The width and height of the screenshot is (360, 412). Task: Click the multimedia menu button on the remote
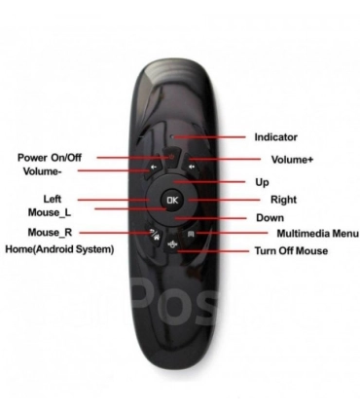tap(191, 234)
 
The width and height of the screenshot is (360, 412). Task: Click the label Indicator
tap(276, 137)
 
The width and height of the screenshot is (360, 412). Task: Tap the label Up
tap(263, 182)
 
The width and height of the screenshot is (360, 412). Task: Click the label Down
tap(270, 218)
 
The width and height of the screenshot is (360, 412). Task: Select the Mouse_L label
tap(51, 211)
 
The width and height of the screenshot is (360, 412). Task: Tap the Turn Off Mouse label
tap(291, 252)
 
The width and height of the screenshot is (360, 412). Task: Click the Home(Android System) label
tap(59, 249)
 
